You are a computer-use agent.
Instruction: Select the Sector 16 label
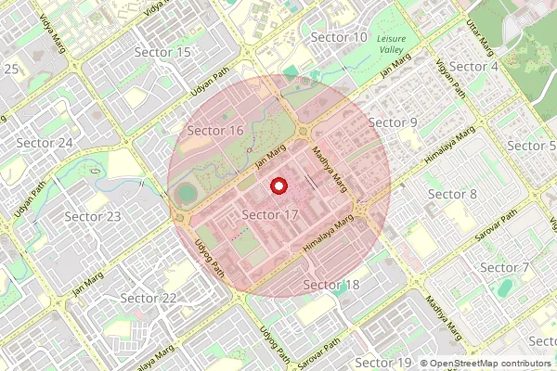(x=215, y=131)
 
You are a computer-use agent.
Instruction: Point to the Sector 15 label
(x=162, y=53)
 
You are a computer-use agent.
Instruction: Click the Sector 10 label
(x=339, y=37)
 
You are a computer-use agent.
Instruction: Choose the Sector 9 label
(x=393, y=122)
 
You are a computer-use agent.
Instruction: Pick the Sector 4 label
(x=474, y=67)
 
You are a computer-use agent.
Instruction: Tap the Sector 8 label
(x=452, y=194)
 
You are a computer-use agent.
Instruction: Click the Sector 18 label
(x=331, y=284)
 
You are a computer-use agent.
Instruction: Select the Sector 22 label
(x=149, y=298)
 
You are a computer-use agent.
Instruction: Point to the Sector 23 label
(x=93, y=216)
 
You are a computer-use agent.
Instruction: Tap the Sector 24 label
(x=45, y=143)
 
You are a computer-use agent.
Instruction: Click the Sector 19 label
(x=383, y=362)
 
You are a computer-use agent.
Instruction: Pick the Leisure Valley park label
(x=398, y=43)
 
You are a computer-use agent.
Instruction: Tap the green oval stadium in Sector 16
(x=188, y=194)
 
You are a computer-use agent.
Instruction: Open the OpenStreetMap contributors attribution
(x=489, y=364)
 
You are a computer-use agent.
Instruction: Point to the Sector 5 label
(x=532, y=146)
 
